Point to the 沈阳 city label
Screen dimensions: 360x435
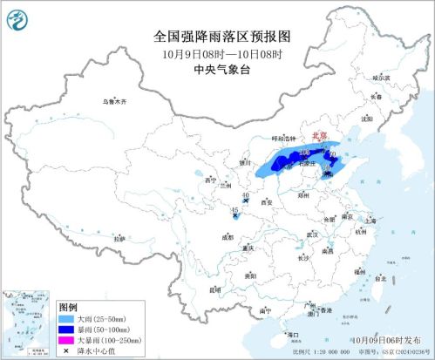[x=367, y=118]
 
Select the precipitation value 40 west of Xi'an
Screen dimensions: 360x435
[x=246, y=195]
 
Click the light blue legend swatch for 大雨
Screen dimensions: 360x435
[x=66, y=320]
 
